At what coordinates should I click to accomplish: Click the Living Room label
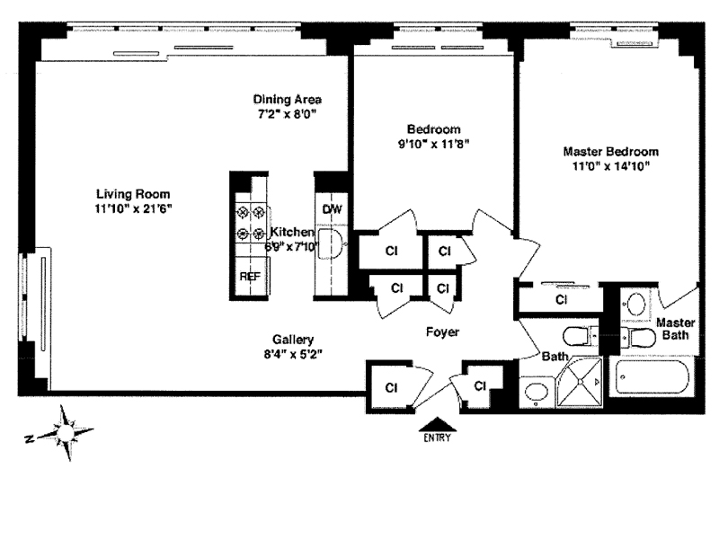tap(133, 193)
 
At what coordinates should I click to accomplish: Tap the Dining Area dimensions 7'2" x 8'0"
tap(287, 114)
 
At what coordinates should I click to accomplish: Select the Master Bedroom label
tap(610, 151)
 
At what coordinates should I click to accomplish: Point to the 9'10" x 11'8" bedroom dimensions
tap(435, 142)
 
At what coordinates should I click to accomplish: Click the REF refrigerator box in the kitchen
tap(249, 277)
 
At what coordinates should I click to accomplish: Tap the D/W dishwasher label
tap(333, 209)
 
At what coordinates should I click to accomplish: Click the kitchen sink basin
tap(333, 243)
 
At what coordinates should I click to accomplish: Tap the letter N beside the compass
tap(31, 438)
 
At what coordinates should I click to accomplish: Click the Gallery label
tap(294, 340)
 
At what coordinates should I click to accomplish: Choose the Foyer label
tap(442, 332)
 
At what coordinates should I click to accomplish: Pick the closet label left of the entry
tap(392, 388)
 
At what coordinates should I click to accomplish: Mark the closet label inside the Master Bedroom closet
tap(562, 299)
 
